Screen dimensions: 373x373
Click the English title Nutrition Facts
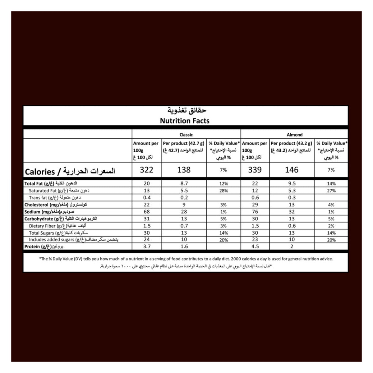pyautogui.click(x=185, y=121)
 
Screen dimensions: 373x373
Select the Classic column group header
pyautogui.click(x=186, y=135)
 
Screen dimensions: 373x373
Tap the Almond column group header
pyautogui.click(x=294, y=135)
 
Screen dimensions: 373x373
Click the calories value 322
pyautogui.click(x=147, y=170)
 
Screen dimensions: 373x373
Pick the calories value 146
pyautogui.click(x=292, y=170)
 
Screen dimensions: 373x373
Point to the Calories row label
pyautogui.click(x=70, y=171)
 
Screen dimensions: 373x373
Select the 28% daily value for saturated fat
pyautogui.click(x=223, y=191)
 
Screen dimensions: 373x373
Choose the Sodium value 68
pyautogui.click(x=147, y=212)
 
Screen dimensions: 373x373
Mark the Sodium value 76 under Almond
pyautogui.click(x=255, y=212)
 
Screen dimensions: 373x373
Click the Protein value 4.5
pyautogui.click(x=255, y=246)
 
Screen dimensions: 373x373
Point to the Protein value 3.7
pyautogui.click(x=147, y=246)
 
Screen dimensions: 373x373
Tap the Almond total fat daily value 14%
pyautogui.click(x=331, y=183)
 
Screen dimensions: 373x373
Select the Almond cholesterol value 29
pyautogui.click(x=255, y=205)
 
